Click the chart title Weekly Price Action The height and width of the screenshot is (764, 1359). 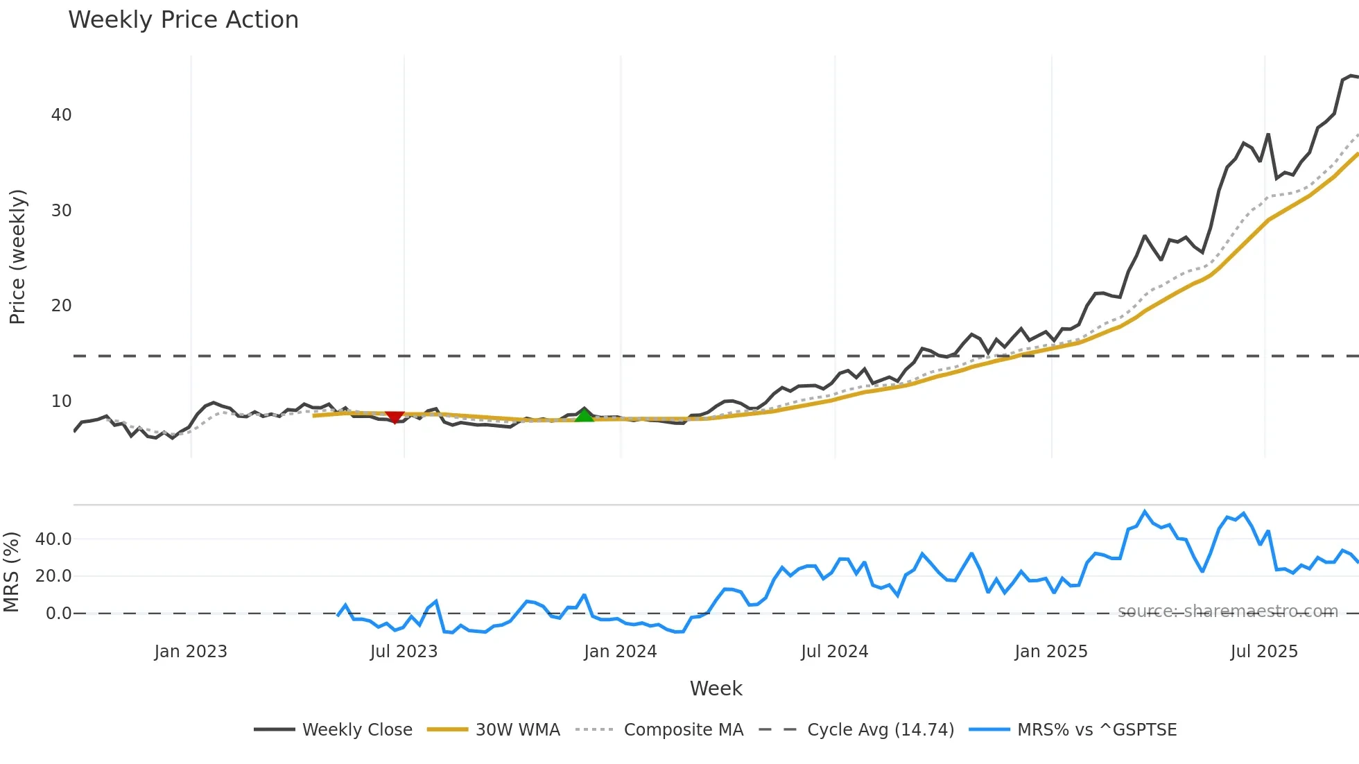pos(183,20)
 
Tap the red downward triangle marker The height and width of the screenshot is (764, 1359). pos(395,417)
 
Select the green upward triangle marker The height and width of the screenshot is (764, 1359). pos(585,415)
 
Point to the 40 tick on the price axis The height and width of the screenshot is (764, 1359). pos(61,115)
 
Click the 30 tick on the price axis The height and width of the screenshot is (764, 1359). pos(61,211)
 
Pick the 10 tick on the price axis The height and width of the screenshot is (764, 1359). pos(61,401)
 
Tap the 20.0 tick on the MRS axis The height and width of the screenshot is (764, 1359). pos(53,576)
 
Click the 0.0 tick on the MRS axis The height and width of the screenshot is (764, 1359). pos(58,614)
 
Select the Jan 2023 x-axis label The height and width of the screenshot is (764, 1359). pos(191,652)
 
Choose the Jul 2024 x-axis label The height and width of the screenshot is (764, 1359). pos(834,652)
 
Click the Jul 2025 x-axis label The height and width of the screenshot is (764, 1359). pos(1264,652)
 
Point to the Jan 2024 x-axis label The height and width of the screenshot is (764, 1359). pos(620,652)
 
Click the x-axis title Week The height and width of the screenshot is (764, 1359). pos(716,688)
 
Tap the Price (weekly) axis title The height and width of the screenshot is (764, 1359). pos(17,257)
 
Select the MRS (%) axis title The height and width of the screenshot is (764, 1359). pos(11,572)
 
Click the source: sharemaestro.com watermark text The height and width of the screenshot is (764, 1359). pos(1227,611)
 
